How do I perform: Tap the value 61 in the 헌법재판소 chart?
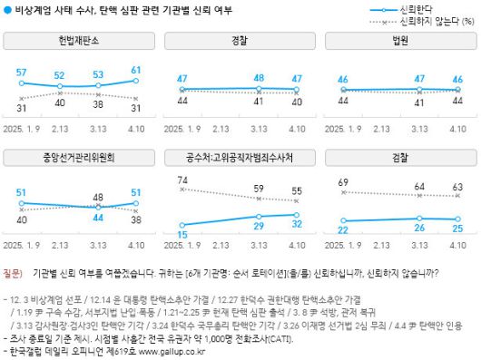coord(135,70)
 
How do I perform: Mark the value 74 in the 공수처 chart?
coord(182,180)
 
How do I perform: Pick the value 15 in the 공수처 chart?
coord(182,235)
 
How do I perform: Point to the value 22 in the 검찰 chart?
coord(343,230)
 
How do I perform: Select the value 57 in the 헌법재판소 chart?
coord(22,73)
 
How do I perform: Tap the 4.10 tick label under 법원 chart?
coord(457,130)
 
